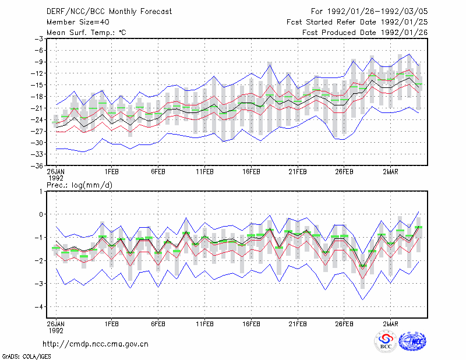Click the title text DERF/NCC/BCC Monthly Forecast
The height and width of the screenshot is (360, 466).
point(109,12)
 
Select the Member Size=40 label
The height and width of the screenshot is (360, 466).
point(78,22)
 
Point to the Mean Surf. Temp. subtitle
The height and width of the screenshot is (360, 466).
point(86,33)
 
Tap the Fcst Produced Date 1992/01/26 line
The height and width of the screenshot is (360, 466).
point(365,33)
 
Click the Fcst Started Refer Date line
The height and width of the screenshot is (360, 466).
point(357,22)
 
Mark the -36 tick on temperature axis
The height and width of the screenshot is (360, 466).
point(37,166)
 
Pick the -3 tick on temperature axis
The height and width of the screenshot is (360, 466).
point(38,39)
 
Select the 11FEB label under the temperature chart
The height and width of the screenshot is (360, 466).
point(204,172)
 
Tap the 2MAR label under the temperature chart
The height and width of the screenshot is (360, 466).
point(390,172)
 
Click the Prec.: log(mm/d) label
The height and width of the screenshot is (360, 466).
point(79,185)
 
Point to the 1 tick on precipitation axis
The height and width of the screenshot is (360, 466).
point(41,192)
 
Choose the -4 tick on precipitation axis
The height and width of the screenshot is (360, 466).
point(38,307)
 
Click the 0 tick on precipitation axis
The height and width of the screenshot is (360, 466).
point(41,214)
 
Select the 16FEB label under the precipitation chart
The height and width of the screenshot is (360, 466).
point(251,324)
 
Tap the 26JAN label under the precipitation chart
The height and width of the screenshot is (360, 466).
point(55,324)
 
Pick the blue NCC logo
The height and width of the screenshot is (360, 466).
point(412,341)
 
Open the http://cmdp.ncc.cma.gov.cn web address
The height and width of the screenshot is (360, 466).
point(96,344)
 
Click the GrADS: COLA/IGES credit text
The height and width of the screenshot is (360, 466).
point(26,357)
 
